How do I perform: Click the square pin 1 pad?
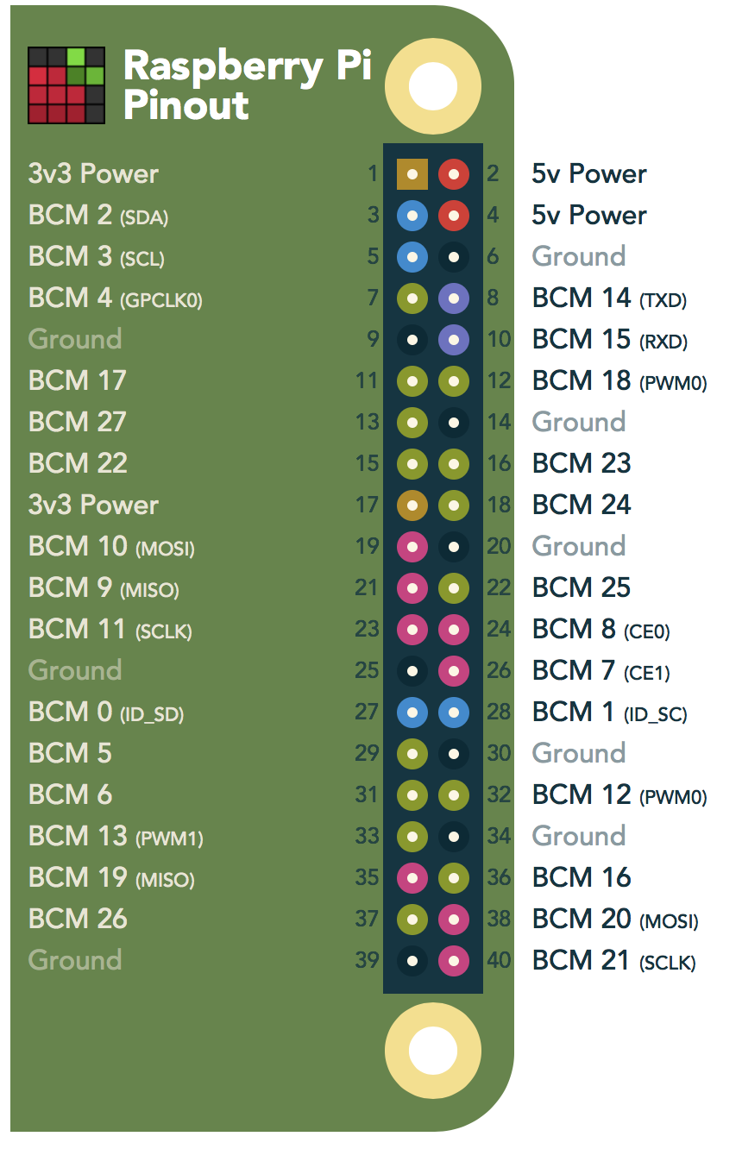[x=412, y=174]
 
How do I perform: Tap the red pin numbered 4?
[x=454, y=216]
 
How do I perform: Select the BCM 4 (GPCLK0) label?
[x=116, y=298]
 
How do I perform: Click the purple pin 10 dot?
[x=454, y=340]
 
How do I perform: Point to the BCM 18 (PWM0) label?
[x=619, y=381]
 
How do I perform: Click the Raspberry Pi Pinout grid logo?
[x=66, y=85]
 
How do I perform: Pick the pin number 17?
[x=367, y=505]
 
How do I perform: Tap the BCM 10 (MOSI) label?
[x=111, y=547]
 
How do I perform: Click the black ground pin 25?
[x=412, y=671]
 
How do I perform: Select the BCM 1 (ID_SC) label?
[x=610, y=713]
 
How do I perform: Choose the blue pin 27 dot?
[x=412, y=713]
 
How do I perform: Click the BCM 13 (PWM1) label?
[x=116, y=837]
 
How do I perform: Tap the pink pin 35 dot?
[x=412, y=878]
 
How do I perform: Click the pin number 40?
[x=499, y=961]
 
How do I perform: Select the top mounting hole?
[x=433, y=86]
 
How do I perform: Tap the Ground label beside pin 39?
[x=75, y=961]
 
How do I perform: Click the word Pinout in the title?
[x=186, y=106]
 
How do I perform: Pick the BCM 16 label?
[x=582, y=878]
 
